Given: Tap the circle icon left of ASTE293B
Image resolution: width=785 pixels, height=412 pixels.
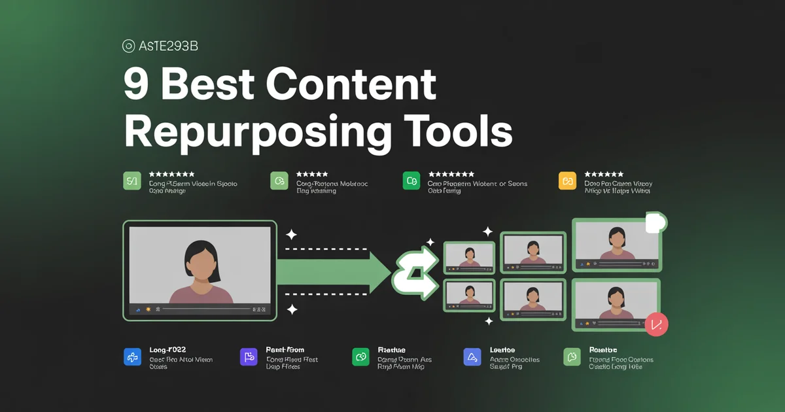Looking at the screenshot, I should point(129,46).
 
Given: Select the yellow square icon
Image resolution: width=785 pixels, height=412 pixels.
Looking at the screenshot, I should point(567,180).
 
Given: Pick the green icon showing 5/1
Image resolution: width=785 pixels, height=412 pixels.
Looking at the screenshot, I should point(132,180).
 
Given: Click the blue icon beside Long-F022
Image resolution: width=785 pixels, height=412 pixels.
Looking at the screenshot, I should point(132,356).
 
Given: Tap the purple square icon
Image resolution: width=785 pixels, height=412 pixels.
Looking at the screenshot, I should point(249,356).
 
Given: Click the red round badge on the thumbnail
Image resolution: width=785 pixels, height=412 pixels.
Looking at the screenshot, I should point(656,323).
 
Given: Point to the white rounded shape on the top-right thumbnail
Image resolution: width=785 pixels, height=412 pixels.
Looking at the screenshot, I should point(655,223).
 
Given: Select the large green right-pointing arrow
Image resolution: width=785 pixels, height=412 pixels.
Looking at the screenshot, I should point(334,271).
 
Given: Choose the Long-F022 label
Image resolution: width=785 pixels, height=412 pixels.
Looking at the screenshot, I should point(167,350).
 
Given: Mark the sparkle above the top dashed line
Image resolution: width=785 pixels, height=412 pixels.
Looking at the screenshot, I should point(291,234).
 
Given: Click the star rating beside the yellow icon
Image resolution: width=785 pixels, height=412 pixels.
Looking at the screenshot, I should point(604,175).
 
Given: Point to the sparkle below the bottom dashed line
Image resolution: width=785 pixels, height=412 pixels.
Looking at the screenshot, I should point(292,309).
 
